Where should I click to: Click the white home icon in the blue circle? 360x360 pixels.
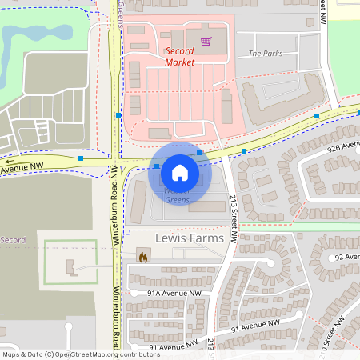[x=180, y=172]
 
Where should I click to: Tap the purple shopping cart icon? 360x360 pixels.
[x=206, y=41]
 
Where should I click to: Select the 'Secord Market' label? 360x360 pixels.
[x=179, y=56]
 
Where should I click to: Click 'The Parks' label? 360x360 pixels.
[x=266, y=54]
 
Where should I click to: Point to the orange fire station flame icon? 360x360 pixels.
[x=143, y=258]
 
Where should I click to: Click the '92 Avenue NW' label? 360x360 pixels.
[x=349, y=257]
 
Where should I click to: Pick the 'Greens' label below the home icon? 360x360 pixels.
[x=178, y=200]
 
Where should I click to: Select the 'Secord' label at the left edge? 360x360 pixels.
[x=13, y=240]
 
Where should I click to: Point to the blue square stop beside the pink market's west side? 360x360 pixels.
[x=118, y=115]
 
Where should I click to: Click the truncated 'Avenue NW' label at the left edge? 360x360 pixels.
[x=22, y=168]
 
